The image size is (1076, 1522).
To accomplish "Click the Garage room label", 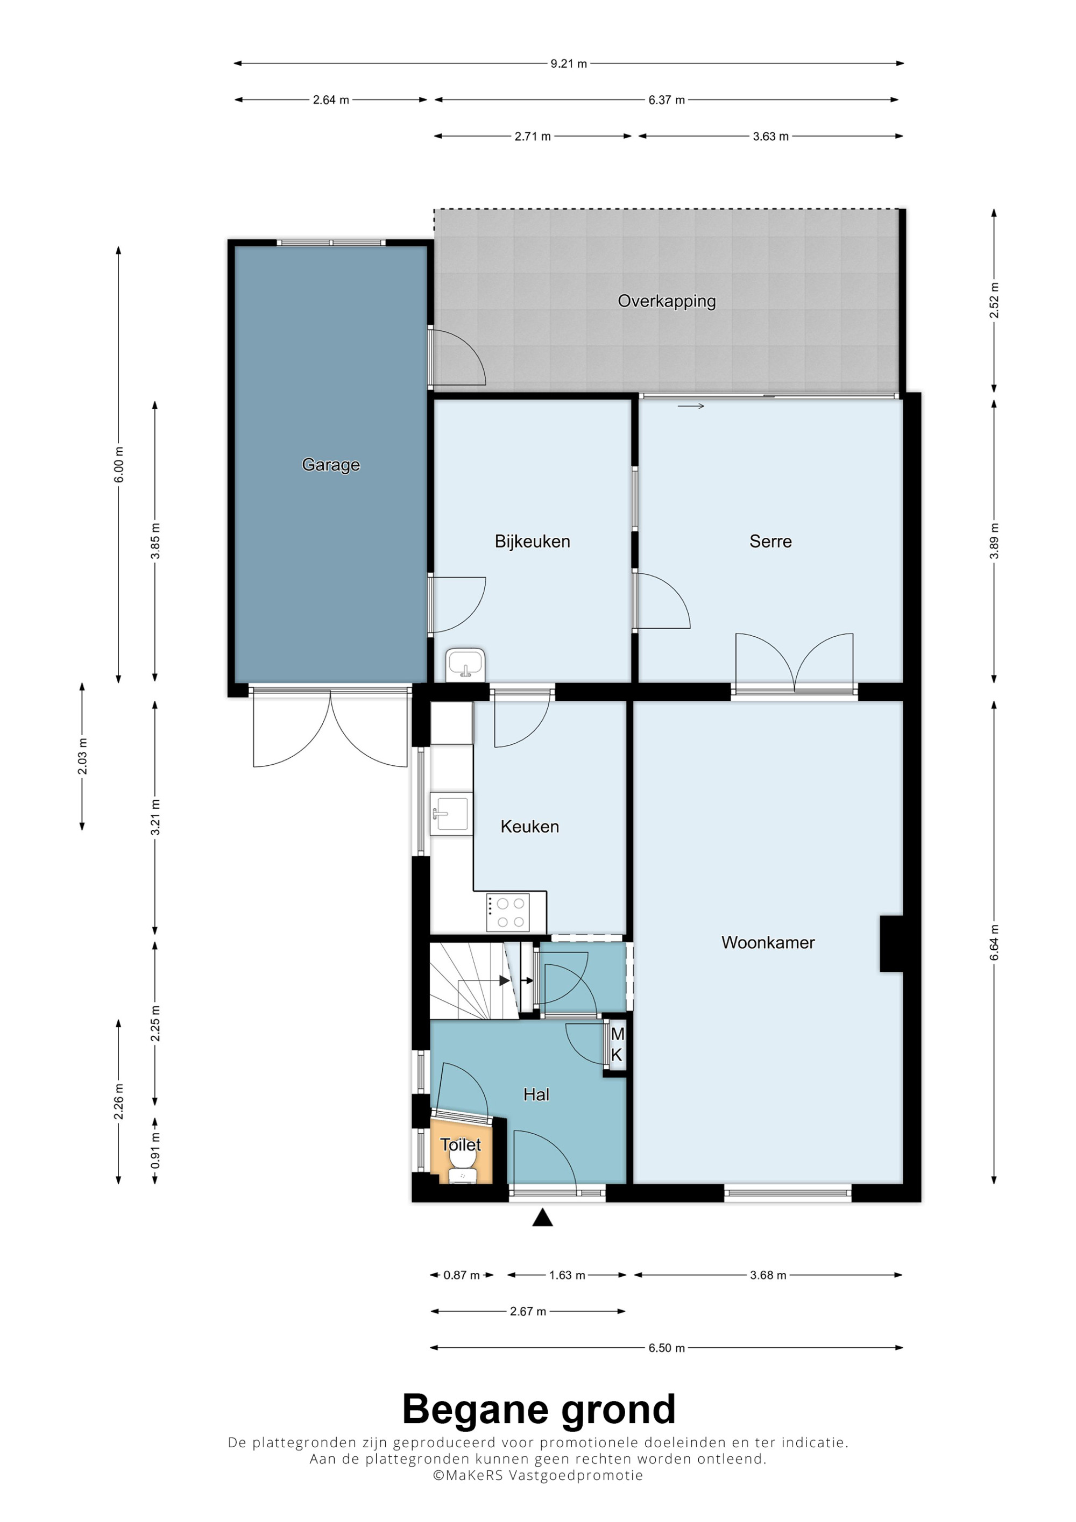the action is pyautogui.click(x=331, y=465).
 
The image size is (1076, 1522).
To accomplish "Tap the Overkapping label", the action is pyautogui.click(x=667, y=301).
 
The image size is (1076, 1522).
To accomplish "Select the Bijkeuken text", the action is pyautogui.click(x=533, y=542).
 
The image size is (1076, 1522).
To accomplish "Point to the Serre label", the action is pyautogui.click(x=770, y=542).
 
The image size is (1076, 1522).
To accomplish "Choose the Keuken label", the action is pyautogui.click(x=530, y=827).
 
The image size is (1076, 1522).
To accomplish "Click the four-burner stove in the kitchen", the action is pyautogui.click(x=508, y=912).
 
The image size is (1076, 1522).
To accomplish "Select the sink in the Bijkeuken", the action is pyautogui.click(x=465, y=665).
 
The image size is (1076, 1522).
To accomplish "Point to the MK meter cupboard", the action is pyautogui.click(x=617, y=1045).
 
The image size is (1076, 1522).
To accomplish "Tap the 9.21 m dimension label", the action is pyautogui.click(x=569, y=63).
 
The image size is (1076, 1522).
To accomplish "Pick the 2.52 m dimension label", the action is pyautogui.click(x=994, y=300).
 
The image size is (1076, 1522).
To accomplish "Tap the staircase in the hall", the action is pyautogui.click(x=474, y=980).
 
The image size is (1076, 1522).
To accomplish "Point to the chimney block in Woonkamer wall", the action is pyautogui.click(x=891, y=943).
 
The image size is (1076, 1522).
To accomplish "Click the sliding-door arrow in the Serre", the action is pyautogui.click(x=691, y=407).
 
